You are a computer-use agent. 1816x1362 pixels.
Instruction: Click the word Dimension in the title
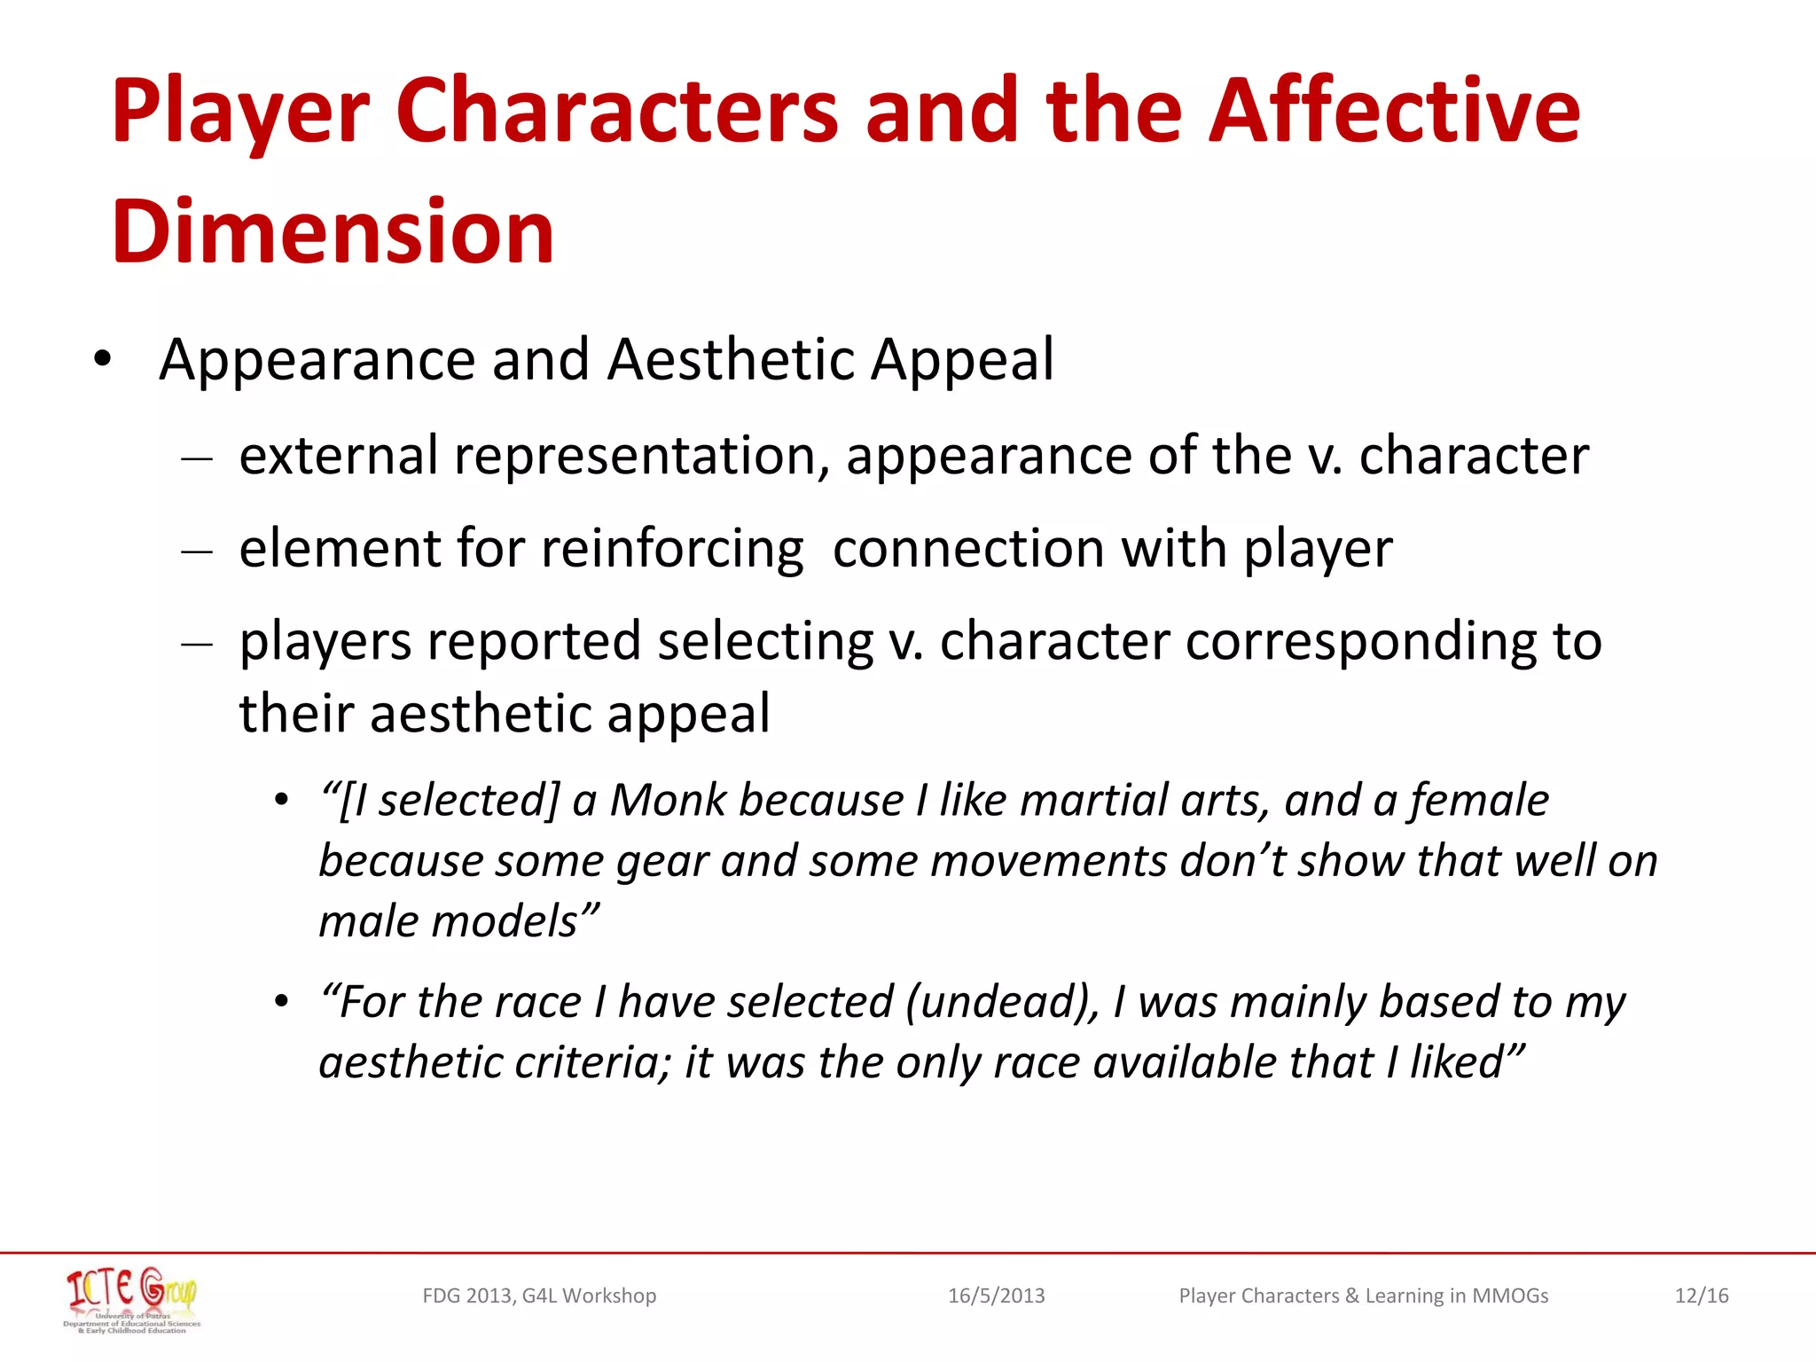(333, 232)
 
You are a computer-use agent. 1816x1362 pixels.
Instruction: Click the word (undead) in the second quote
(1002, 1002)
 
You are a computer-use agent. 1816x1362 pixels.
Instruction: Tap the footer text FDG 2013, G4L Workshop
(539, 1295)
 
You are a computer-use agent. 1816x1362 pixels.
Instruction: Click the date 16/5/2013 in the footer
(996, 1295)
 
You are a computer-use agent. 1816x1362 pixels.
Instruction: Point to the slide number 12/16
(1701, 1295)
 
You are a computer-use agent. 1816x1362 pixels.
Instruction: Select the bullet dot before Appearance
(103, 360)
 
